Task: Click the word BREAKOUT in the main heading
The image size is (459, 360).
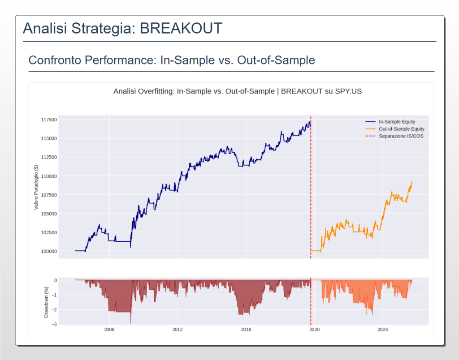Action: [x=181, y=29]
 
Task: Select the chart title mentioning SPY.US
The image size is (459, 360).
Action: [x=238, y=91]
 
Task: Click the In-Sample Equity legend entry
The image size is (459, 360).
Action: [x=397, y=122]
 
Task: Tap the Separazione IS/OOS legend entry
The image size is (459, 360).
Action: [x=401, y=136]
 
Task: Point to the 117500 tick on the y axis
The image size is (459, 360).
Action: [x=48, y=120]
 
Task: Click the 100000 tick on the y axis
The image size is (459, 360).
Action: [x=48, y=252]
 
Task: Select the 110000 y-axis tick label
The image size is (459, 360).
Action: [x=48, y=176]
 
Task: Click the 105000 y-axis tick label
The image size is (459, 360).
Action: [x=48, y=214]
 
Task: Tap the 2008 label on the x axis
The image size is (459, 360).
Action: [x=109, y=330]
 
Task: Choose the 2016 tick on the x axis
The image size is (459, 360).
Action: [x=246, y=330]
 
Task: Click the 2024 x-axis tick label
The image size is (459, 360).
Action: [x=383, y=330]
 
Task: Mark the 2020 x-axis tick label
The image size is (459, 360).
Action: [x=315, y=330]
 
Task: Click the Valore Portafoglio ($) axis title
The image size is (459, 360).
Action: [x=36, y=187]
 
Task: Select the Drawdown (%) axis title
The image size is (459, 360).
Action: [x=46, y=301]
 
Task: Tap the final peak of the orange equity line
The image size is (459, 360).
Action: [x=411, y=182]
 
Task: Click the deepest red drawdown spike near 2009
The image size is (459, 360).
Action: [x=131, y=322]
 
